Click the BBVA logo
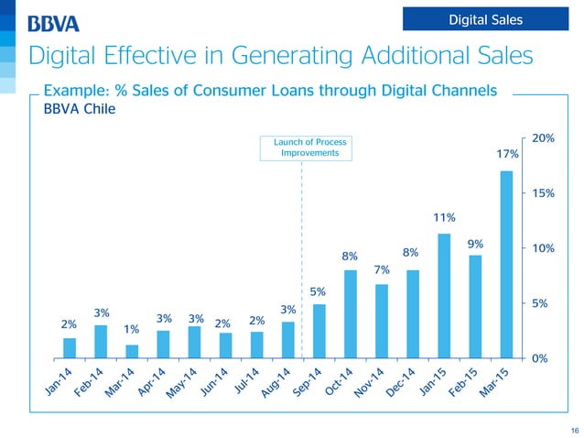(54, 23)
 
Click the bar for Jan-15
(444, 295)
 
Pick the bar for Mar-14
(132, 351)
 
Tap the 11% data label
(445, 217)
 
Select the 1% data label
(132, 329)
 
